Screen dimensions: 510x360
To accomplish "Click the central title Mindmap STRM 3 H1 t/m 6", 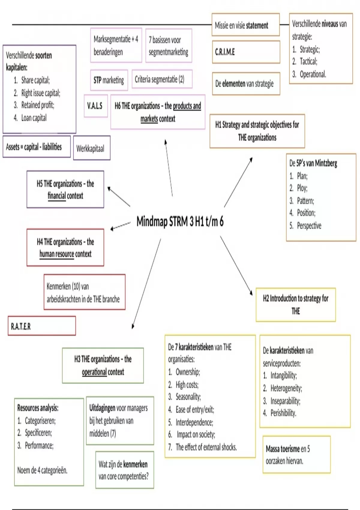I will tap(180, 222).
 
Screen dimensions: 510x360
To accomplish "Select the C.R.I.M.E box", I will tap(246, 52).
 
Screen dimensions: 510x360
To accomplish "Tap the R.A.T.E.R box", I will tap(42, 326).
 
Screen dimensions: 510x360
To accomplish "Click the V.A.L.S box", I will tap(96, 106).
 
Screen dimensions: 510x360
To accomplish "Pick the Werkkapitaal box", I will tap(91, 148).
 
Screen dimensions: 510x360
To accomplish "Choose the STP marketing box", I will tap(109, 80).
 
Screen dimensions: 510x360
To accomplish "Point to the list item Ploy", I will tap(302, 188).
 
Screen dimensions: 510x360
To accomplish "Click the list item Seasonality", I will tap(188, 397).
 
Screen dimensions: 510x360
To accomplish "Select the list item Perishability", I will tap(283, 413).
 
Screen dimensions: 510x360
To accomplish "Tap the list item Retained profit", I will tap(37, 105).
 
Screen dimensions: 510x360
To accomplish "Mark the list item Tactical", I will tap(308, 61).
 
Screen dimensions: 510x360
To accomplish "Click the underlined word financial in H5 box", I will tap(57, 196).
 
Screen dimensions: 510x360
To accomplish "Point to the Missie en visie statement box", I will tap(245, 25).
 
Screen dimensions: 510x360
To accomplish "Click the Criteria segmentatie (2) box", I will tap(162, 79).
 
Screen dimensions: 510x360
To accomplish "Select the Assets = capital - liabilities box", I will tap(37, 147).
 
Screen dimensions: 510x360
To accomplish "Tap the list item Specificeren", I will tap(38, 433).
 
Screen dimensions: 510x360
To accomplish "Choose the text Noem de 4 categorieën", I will tap(42, 470).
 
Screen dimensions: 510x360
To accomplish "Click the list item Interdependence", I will tap(194, 422).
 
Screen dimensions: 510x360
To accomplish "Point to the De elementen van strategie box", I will tap(246, 84).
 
